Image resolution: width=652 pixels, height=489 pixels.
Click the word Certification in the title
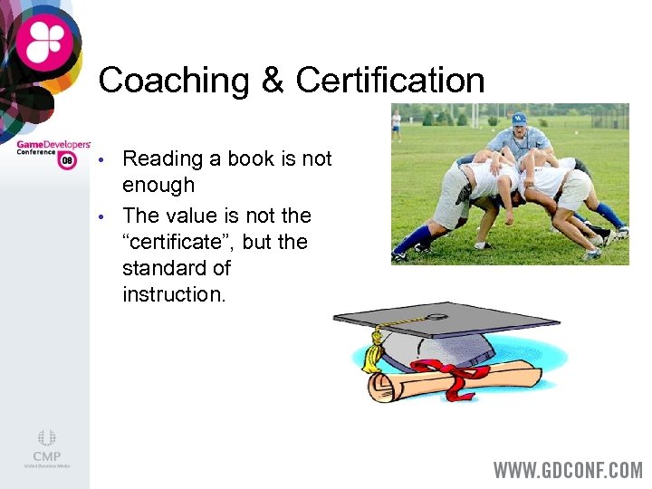[x=390, y=81]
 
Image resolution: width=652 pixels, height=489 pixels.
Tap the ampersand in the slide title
[x=273, y=81]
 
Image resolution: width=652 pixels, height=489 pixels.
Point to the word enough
[x=158, y=186]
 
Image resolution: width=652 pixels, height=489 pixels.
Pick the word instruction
[x=174, y=294]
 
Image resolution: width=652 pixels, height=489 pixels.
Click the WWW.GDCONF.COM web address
[x=568, y=470]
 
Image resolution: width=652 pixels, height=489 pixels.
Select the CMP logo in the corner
[x=47, y=447]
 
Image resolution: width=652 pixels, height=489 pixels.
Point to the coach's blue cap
[x=519, y=118]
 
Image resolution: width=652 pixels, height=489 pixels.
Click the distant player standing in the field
[x=397, y=124]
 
